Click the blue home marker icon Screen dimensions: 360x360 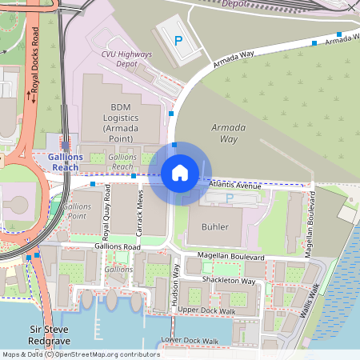point(180,173)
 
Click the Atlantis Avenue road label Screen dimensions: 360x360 point(234,185)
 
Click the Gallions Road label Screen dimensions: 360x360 point(117,247)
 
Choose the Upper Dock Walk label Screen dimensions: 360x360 point(206,310)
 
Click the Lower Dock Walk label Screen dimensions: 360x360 point(189,341)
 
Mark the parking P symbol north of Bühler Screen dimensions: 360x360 point(230,197)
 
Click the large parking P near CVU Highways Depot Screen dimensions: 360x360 point(178,39)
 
